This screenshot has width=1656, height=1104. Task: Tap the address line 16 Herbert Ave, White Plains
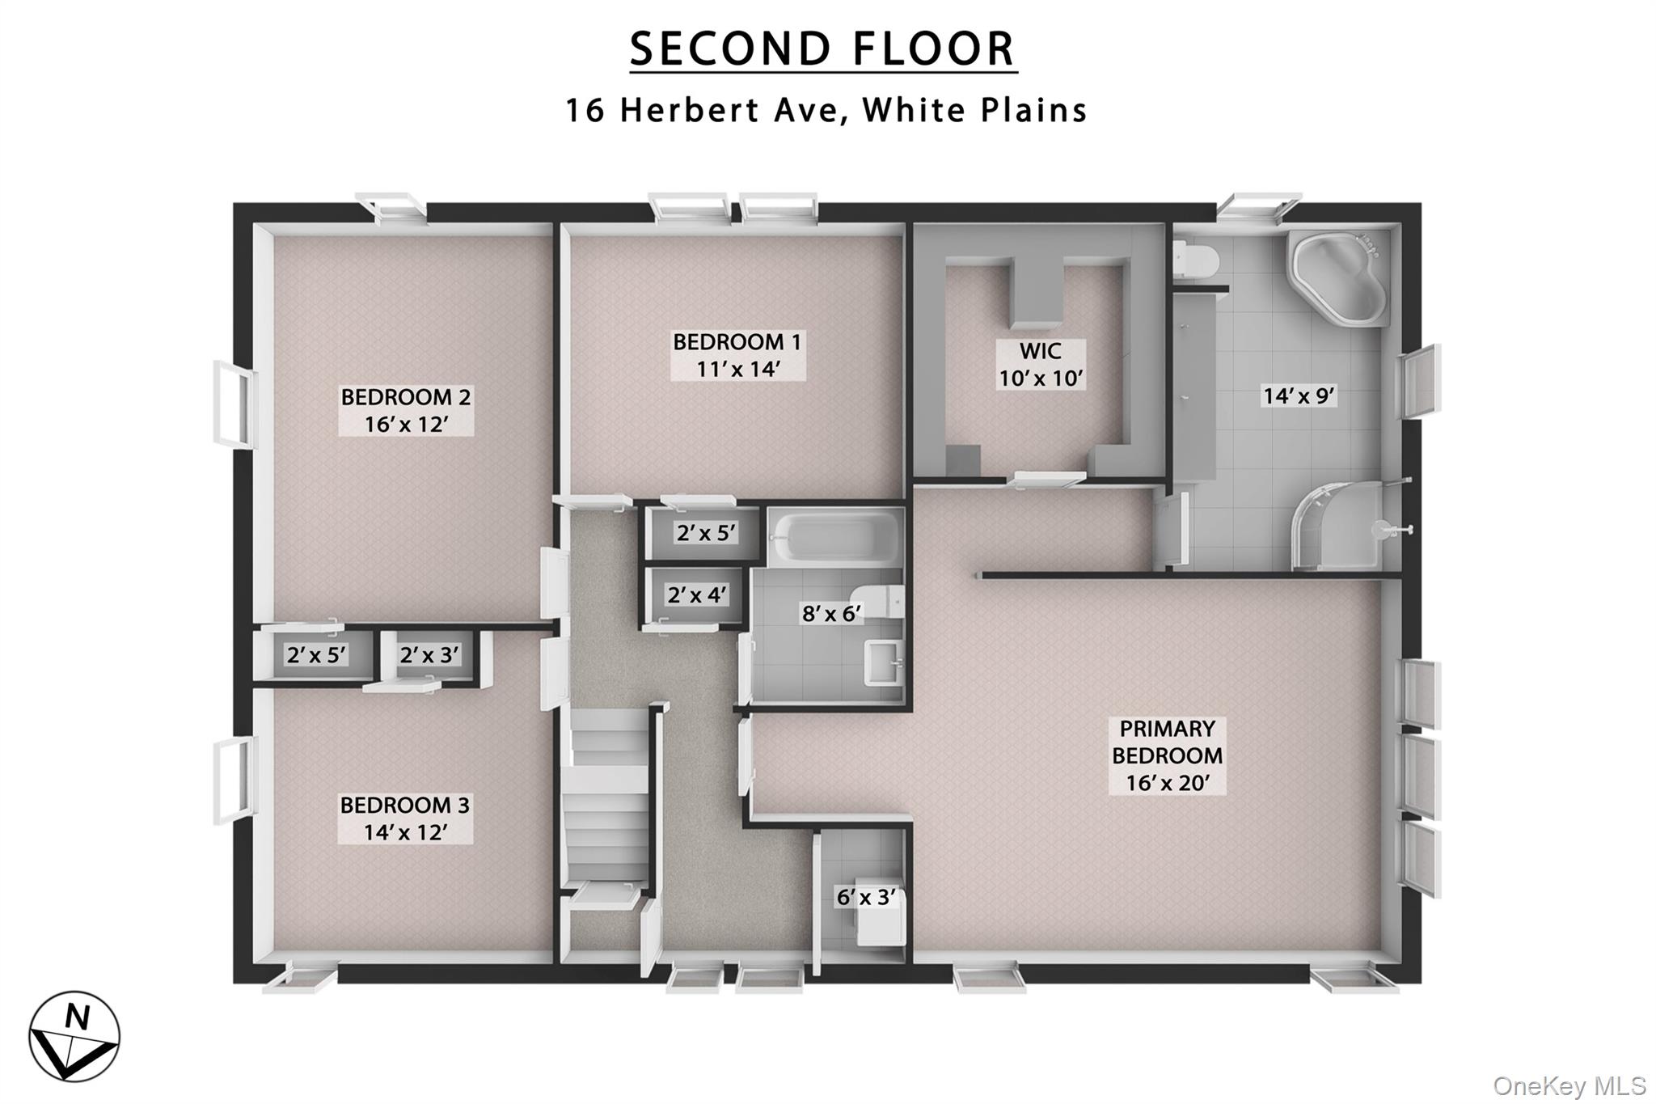click(826, 111)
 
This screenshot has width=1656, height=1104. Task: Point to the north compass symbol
click(74, 1036)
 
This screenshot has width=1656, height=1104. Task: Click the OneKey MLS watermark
click(1569, 1085)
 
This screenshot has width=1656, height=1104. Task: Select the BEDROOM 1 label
click(737, 355)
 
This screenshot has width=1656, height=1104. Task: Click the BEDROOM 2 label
click(406, 410)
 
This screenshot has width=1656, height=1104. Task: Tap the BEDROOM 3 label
click(405, 818)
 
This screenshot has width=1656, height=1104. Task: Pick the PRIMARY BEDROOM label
click(1167, 755)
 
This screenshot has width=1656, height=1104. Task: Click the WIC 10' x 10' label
click(1040, 365)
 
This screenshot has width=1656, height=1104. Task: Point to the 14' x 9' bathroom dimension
click(1299, 395)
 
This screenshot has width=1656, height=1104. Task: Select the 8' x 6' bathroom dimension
click(831, 614)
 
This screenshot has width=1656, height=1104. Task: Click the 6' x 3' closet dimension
click(866, 897)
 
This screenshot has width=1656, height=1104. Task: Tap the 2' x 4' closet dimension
click(696, 595)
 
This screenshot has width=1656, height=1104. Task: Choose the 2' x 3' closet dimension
click(429, 654)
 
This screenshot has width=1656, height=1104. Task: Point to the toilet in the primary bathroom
click(1196, 260)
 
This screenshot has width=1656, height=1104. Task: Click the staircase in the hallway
click(607, 797)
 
